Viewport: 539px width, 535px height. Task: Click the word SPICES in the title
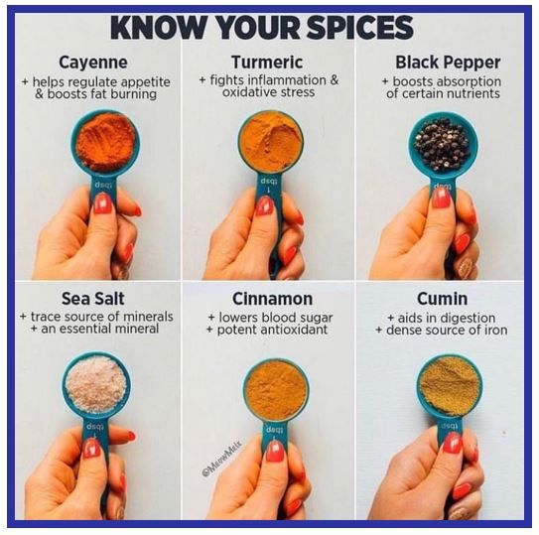[x=360, y=28]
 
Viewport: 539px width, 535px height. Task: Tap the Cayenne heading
[x=93, y=63]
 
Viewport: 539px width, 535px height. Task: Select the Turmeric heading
[x=267, y=63]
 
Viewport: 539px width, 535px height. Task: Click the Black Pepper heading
[x=448, y=63]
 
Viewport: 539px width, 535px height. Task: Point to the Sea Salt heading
[x=93, y=299]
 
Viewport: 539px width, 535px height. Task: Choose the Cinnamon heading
[x=272, y=299]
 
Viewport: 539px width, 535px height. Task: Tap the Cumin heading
[x=442, y=299]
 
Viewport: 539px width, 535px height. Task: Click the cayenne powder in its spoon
[x=105, y=142]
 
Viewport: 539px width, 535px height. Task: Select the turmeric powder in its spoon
[x=271, y=142]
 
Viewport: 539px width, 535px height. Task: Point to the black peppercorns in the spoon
[x=442, y=144]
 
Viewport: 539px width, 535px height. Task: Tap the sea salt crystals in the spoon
[x=96, y=384]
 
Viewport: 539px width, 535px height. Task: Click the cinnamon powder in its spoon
[x=275, y=389]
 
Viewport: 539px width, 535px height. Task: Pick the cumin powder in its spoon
[x=450, y=386]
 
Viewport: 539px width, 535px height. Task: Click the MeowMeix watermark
[x=222, y=458]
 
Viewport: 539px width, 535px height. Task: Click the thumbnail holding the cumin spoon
[x=452, y=445]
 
